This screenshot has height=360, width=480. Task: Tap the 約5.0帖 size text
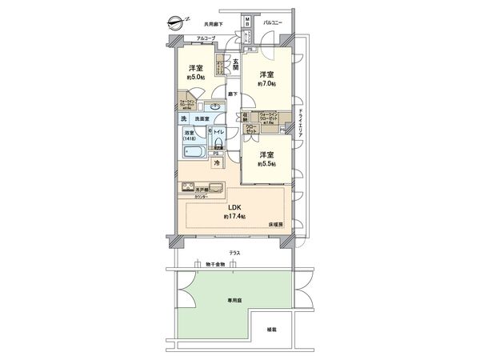195,78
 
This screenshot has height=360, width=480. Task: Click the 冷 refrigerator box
215,163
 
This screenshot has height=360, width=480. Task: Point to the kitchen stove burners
189,189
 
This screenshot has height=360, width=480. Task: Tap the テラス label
234,254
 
